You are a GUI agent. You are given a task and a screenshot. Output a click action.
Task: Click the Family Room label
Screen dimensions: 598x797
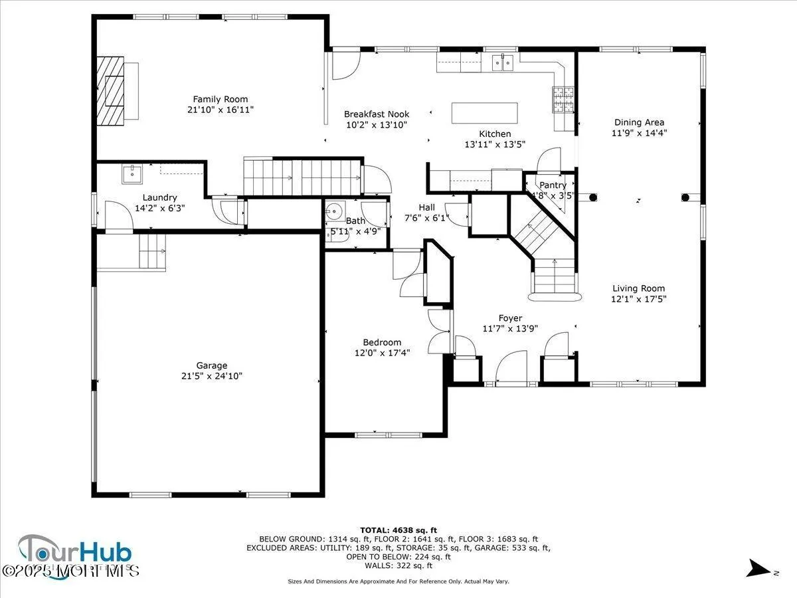coord(220,99)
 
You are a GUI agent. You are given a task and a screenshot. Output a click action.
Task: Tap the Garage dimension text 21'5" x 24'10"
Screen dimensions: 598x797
coord(211,376)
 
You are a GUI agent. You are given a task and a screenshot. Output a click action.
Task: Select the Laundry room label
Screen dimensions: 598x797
coord(159,197)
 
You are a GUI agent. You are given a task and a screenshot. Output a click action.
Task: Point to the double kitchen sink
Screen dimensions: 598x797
coord(503,63)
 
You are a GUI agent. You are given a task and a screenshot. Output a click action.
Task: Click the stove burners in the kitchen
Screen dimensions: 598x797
coord(563,99)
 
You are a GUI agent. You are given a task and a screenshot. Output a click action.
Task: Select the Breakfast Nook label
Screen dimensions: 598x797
coord(377,114)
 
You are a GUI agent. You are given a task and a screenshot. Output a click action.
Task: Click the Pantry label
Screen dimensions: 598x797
coord(553,185)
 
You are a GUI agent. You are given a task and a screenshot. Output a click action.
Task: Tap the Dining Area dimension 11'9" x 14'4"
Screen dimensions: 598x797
coord(639,132)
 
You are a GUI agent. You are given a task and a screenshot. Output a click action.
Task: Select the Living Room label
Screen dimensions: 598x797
coord(638,288)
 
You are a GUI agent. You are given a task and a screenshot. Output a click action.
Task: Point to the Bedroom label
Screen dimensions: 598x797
coord(382,342)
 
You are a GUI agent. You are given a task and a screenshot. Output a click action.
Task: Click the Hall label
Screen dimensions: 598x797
coord(426,207)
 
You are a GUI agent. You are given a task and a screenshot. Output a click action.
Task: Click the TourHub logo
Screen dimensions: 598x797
coord(75,553)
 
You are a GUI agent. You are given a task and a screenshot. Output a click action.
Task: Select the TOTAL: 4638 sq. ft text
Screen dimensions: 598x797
coord(398,530)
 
